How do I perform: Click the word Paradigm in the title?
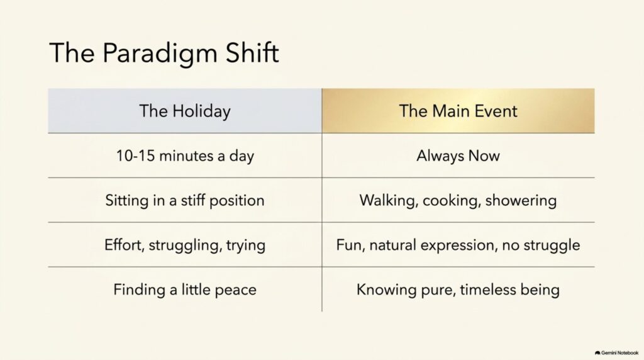[x=159, y=53]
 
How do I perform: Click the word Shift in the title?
[x=252, y=52]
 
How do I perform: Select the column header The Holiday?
[x=185, y=111]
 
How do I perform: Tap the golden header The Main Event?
[x=458, y=111]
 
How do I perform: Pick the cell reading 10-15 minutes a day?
[x=185, y=155]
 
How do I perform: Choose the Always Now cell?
[x=458, y=155]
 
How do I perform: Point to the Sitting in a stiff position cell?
[x=185, y=201]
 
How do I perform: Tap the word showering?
[x=521, y=201]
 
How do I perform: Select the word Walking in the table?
[x=389, y=201]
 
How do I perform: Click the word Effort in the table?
[x=124, y=245]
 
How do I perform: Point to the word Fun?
[x=350, y=245]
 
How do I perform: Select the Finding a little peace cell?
[x=185, y=290]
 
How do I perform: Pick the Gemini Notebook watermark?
[x=616, y=353]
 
